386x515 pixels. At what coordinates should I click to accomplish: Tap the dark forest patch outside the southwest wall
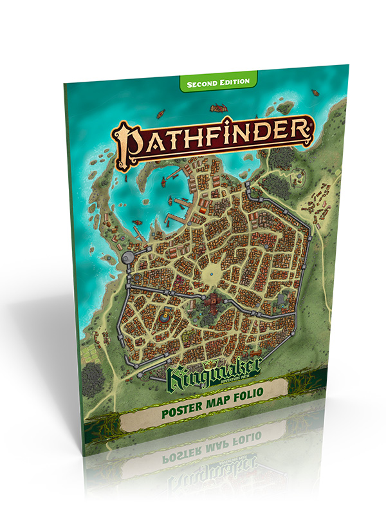point(93,373)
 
